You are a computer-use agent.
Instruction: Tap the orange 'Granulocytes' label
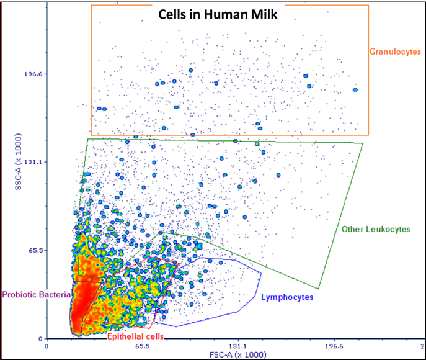(x=395, y=51)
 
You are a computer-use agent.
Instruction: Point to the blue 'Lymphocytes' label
(x=287, y=297)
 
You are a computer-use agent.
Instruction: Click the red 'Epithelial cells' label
(x=136, y=336)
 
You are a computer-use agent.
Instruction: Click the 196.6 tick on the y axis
(x=32, y=74)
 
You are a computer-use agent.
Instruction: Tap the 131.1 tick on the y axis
(x=32, y=162)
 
